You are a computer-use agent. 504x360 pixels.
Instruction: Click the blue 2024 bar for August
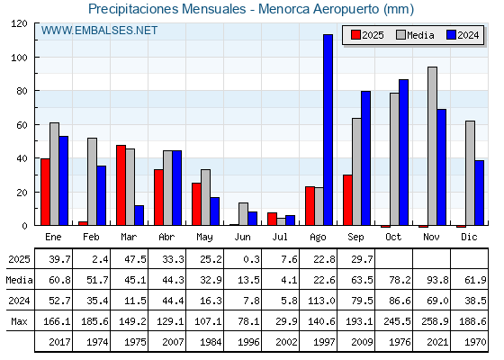[x=328, y=130]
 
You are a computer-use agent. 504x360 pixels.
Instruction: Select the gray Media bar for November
[x=432, y=146]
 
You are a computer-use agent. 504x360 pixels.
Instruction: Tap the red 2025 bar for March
[x=121, y=185]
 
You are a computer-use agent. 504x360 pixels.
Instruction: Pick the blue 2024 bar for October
[x=404, y=152]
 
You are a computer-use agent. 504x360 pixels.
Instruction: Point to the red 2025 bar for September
[x=347, y=200]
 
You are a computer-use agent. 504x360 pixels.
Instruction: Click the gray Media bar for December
[x=470, y=173]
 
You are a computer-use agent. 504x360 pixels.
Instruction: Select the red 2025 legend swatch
[x=355, y=35]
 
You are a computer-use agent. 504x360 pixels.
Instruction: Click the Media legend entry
[x=415, y=35]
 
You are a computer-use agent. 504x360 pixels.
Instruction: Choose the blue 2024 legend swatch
[x=451, y=35]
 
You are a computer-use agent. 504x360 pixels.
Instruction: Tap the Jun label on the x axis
[x=242, y=238]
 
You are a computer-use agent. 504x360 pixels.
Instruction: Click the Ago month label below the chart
[x=318, y=238]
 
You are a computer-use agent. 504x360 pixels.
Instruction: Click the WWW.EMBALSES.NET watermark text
[x=99, y=31]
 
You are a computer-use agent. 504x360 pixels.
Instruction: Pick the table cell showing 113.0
[x=322, y=301]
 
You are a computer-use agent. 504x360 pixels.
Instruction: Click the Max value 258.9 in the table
[x=435, y=321]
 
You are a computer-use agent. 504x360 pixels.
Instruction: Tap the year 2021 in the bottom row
[x=437, y=342]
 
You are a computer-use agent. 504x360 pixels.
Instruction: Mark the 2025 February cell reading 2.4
[x=100, y=259]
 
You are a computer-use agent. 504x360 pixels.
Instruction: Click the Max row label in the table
[x=19, y=321]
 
